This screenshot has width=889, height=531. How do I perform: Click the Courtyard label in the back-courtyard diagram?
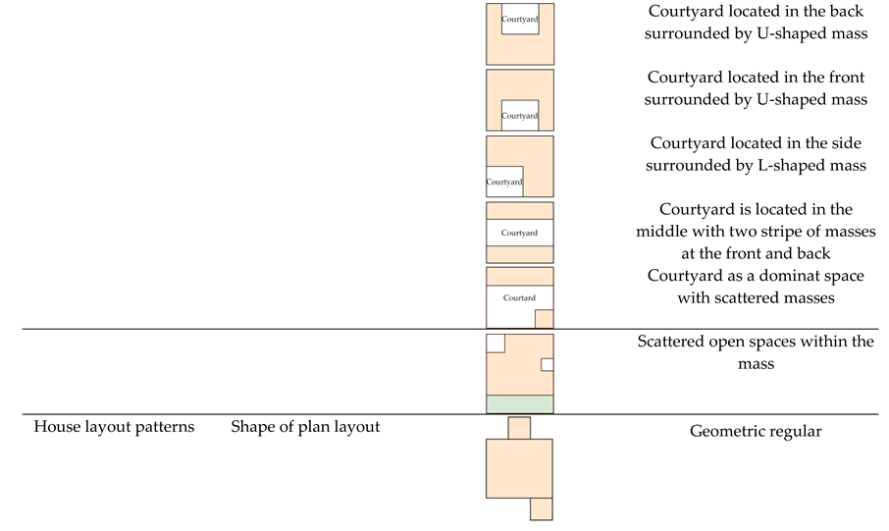[x=519, y=19]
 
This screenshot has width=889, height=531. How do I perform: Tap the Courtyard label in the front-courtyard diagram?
[x=520, y=116]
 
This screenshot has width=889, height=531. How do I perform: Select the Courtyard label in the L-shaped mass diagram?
[x=504, y=183]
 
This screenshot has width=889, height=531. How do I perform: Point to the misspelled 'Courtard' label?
[x=519, y=297]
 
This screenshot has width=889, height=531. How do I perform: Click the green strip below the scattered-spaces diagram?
[x=520, y=403]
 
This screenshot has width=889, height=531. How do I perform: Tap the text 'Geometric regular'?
[x=755, y=431]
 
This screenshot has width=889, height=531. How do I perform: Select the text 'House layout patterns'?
[x=114, y=427]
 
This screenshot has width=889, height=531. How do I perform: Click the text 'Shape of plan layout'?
[x=305, y=427]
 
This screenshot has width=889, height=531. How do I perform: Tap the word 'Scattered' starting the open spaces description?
[x=675, y=342]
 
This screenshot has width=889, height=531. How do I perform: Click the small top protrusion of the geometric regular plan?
[x=519, y=428]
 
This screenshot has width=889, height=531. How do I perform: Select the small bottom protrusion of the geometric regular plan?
[x=542, y=508]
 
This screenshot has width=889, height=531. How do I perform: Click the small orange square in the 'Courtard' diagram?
[x=544, y=318]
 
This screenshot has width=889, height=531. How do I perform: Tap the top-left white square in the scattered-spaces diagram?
[x=496, y=343]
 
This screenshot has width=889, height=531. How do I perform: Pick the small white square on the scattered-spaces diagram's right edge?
[x=548, y=364]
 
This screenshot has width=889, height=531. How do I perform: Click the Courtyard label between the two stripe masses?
[x=519, y=233]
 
